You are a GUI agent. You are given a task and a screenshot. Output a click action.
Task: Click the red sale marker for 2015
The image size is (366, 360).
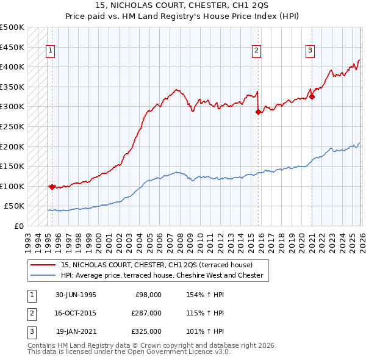258,112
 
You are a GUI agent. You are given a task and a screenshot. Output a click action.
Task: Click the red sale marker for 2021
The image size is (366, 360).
312,96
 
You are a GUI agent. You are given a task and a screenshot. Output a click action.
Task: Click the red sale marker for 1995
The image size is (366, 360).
52,187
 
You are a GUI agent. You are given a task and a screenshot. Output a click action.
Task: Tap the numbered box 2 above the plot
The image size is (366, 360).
257,51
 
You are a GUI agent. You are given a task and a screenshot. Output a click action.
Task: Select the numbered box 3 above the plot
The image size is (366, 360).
310,51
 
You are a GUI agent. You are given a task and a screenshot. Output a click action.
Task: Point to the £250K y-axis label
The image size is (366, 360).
12,126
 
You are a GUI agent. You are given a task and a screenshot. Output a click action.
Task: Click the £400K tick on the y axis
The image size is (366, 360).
12,67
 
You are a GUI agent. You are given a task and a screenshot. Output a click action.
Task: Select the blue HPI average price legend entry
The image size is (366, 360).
161,275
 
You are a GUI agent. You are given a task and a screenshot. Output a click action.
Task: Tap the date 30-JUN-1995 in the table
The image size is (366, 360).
76,295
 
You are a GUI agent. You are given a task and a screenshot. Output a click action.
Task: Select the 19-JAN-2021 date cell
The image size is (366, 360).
76,331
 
